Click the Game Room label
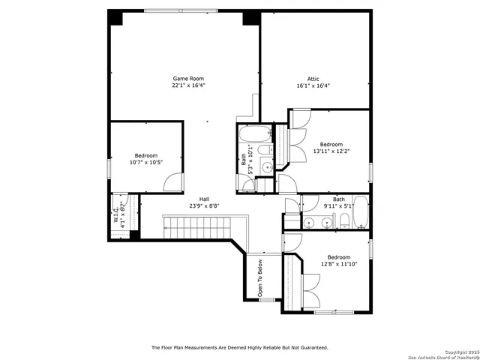tap(188, 79)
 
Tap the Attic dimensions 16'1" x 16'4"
tap(313, 85)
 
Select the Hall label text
tap(204, 199)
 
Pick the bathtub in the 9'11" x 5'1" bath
tap(361, 213)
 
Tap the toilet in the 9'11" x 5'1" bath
tap(343, 220)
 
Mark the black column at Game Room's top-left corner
tap(116, 18)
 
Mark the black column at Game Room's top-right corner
tap(251, 18)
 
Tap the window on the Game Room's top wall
tap(183, 10)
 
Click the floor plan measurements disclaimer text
tap(239, 347)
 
